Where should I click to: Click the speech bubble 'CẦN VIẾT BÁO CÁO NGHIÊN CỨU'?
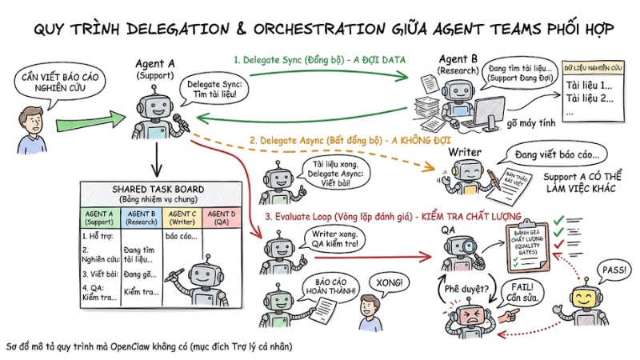[x=52, y=80]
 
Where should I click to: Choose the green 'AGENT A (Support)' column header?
[x=99, y=217]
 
